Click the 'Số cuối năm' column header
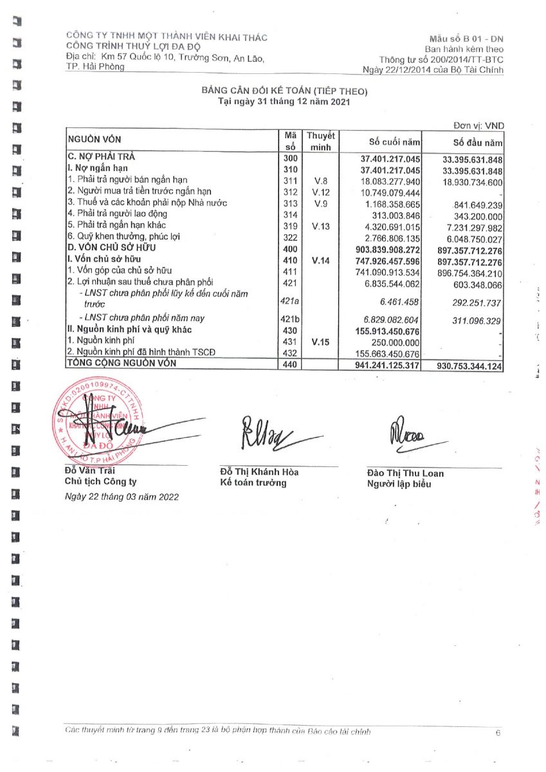pyautogui.click(x=394, y=142)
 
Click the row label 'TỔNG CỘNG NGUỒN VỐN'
pyautogui.click(x=122, y=363)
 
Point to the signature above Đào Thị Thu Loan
pyautogui.click(x=409, y=437)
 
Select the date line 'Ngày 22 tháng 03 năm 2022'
pyautogui.click(x=122, y=497)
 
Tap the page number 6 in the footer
pyautogui.click(x=498, y=733)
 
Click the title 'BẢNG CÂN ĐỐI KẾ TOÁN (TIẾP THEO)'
pyautogui.click(x=284, y=92)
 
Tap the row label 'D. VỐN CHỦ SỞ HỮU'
pyautogui.click(x=112, y=248)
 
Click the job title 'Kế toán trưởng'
pyautogui.click(x=253, y=483)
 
